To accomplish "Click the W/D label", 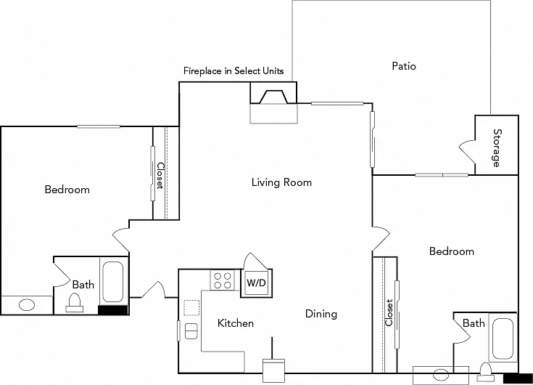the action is [256, 283].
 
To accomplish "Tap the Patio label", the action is [404, 65].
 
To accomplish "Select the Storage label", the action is [497, 147].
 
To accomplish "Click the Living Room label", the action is [281, 182].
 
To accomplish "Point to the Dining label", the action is [321, 314].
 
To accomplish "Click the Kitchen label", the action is [236, 323].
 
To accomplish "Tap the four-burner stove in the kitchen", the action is [223, 280].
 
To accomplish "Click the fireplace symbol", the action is [273, 97].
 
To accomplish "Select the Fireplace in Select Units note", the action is [234, 70].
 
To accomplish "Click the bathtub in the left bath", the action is [113, 282].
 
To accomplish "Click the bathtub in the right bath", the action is [503, 339].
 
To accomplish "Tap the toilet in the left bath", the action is [75, 303].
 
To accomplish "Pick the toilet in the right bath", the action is [485, 372].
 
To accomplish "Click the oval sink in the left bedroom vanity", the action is [27, 304].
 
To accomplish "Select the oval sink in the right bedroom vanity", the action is [442, 374].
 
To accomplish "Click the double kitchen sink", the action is [191, 331].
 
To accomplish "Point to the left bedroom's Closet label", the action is [160, 175].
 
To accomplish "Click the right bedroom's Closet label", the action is [389, 312].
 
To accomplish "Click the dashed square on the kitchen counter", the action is [191, 308].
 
